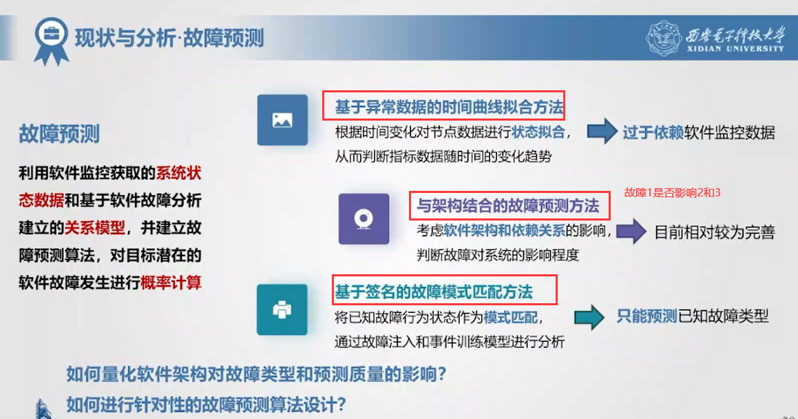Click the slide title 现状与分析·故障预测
[169, 39]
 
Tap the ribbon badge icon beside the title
[51, 41]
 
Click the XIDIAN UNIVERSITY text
[735, 49]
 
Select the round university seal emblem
[663, 38]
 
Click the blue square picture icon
[282, 120]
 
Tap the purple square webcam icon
[364, 219]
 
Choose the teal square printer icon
[282, 309]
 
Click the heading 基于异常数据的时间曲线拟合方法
[449, 107]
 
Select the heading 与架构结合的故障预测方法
[508, 205]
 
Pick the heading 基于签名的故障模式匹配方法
[434, 292]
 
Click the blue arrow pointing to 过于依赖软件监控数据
[602, 131]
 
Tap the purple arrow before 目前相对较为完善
[631, 231]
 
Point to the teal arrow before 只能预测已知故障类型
[589, 317]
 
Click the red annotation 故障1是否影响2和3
[672, 192]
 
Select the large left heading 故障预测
[59, 134]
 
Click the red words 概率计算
[171, 283]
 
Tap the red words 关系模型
[94, 227]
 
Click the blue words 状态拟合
[538, 132]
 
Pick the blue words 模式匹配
[510, 318]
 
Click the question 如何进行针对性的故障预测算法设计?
[206, 405]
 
